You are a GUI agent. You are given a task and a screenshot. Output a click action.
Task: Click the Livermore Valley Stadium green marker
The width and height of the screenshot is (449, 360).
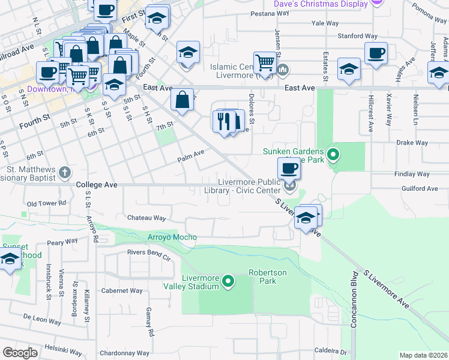[228, 281]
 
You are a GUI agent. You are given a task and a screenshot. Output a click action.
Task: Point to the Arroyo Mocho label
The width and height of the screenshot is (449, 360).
[172, 238]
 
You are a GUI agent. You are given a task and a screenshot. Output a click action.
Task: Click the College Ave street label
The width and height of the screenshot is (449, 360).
[97, 185]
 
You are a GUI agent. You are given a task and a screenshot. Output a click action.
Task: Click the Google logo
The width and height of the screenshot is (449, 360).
[20, 353]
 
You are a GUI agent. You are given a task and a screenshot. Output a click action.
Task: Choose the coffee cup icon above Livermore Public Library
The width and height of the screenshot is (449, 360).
[289, 168]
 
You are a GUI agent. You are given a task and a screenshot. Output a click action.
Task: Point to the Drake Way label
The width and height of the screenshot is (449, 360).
[412, 143]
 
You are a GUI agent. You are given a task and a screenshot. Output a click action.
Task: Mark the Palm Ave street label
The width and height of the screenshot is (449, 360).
[191, 160]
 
